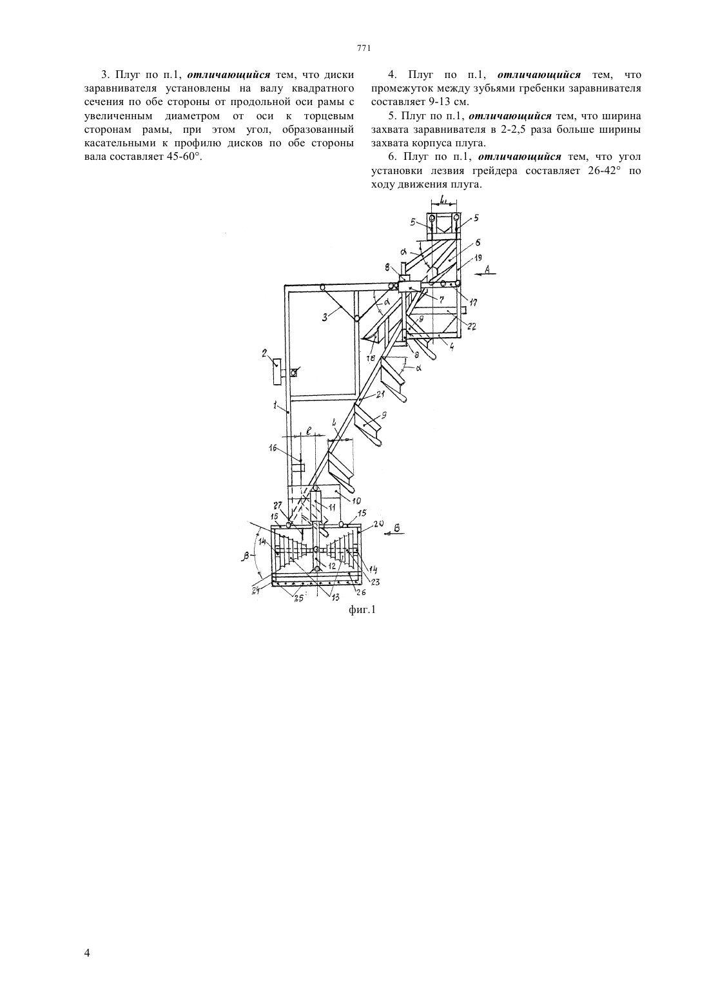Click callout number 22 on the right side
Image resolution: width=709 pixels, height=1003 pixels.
point(471,327)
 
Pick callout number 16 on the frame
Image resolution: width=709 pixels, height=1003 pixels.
point(273,448)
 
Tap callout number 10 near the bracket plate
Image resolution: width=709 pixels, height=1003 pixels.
point(356,501)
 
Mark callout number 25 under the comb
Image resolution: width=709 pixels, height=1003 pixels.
point(298,598)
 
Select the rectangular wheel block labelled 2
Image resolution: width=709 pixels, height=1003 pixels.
point(276,371)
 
